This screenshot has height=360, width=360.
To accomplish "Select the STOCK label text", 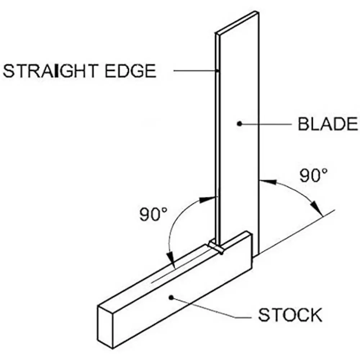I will [x=290, y=315].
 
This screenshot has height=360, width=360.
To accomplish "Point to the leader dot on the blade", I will [x=239, y=123].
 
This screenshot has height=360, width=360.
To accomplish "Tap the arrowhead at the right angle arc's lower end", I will [x=317, y=209].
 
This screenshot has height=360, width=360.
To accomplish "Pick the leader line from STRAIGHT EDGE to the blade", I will [x=196, y=71].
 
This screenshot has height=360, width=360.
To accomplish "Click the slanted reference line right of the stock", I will [x=299, y=230].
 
